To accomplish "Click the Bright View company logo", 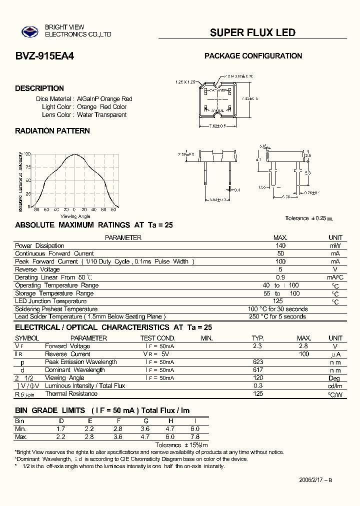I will click(29, 32).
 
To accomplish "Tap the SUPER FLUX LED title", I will click(252, 33).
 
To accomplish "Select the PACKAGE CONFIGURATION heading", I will click(253, 56).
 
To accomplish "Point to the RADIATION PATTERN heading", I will click(52, 131).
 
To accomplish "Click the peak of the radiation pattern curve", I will click(74, 154).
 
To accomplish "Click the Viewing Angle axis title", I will click(75, 216).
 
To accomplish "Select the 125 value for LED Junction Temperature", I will click(278, 301).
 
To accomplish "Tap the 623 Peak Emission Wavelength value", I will click(258, 362).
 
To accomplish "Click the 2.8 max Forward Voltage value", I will click(303, 346).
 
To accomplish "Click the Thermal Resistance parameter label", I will click(71, 394).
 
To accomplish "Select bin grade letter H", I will click(170, 421).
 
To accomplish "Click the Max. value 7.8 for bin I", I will click(195, 437).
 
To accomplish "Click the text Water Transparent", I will click(102, 115).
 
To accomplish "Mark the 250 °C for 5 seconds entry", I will click(277, 316).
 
